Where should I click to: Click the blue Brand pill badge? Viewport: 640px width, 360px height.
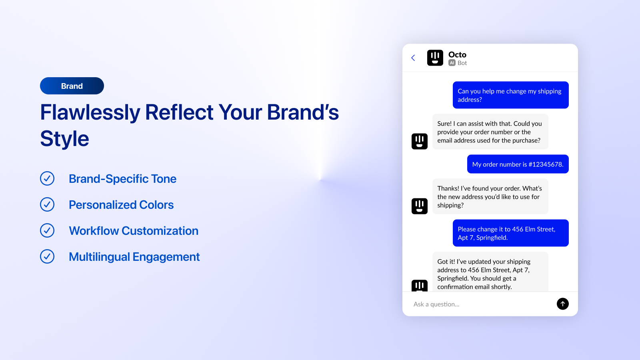(x=72, y=86)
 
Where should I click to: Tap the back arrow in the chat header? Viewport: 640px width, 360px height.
(x=413, y=58)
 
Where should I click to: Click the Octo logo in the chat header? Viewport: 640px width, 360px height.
(x=435, y=58)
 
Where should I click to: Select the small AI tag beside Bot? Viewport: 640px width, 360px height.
(x=452, y=63)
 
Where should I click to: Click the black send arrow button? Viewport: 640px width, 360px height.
(x=562, y=304)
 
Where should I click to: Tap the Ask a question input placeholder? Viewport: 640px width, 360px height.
(x=436, y=304)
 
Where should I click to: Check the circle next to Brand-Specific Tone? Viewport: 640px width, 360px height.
(x=47, y=178)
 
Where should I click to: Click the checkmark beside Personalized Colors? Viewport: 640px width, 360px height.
(x=47, y=204)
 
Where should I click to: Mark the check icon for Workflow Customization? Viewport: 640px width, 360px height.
(x=47, y=230)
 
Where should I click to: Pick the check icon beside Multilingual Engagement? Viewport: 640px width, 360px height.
(x=47, y=256)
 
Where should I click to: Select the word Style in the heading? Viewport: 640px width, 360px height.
(x=65, y=139)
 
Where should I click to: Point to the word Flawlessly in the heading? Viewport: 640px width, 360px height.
(x=90, y=112)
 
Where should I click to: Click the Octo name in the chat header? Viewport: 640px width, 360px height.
(x=457, y=54)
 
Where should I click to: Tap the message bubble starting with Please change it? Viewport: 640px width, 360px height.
(x=510, y=233)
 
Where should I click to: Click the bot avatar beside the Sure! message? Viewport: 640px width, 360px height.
(x=420, y=141)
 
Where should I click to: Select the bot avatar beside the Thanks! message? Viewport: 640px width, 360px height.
(x=420, y=206)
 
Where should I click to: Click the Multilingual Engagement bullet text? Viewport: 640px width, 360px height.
(x=134, y=257)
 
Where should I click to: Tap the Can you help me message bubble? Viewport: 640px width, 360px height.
(x=510, y=95)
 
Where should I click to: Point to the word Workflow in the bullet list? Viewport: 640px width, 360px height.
(x=94, y=231)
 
